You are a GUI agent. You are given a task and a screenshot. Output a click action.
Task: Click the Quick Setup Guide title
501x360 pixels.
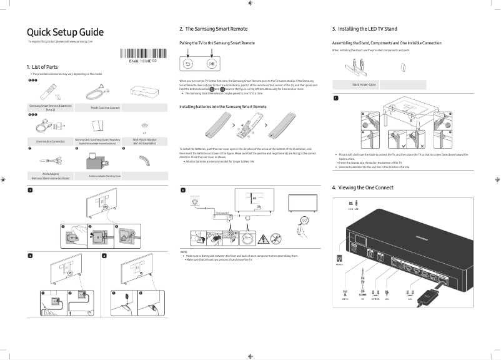pos(65,32)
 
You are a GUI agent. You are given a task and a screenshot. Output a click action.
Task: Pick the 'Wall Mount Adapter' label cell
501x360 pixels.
pos(144,141)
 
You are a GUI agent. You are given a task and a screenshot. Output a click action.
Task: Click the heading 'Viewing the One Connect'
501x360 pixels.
pos(362,187)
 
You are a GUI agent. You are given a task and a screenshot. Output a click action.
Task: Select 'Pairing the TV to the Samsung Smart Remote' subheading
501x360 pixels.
pos(217,42)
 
